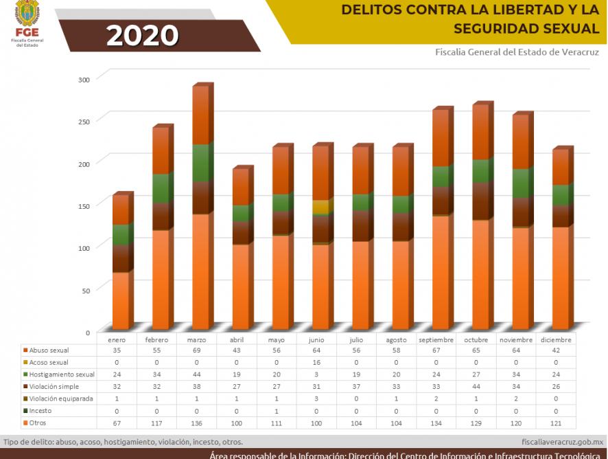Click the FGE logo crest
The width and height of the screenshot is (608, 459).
coord(27,12)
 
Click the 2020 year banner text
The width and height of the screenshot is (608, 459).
coord(142,35)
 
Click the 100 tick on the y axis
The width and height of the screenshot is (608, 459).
coord(84,247)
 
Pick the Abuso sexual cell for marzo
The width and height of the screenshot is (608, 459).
coord(197,350)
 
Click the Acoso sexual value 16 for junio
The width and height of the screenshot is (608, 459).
coord(316,362)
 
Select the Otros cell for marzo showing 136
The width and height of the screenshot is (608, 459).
coord(197,423)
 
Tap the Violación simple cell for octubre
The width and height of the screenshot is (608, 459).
coord(476,386)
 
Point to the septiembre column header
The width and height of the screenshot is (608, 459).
coord(436,339)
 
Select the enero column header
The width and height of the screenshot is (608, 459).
coord(117,339)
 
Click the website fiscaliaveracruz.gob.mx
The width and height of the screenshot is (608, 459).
coord(562,442)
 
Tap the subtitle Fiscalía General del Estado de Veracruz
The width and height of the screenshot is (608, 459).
coord(516,52)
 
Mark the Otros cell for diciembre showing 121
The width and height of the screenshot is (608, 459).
coord(555,423)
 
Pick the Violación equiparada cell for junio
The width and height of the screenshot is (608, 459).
coord(316,399)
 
